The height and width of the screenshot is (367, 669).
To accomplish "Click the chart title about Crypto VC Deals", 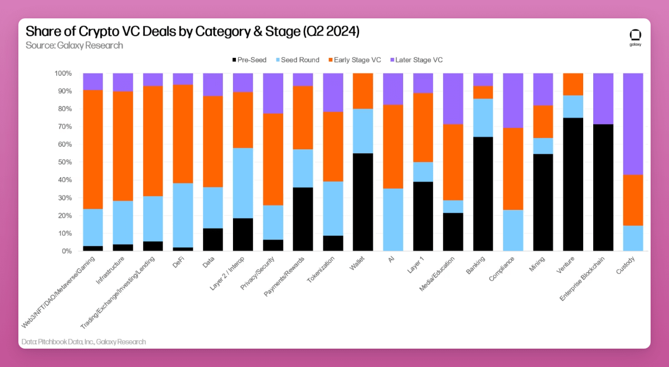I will click(x=192, y=32).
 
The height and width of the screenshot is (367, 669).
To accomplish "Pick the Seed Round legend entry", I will click(x=298, y=60).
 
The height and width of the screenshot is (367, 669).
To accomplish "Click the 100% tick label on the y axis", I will click(x=62, y=74).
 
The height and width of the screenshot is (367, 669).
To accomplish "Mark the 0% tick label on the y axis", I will click(x=66, y=251).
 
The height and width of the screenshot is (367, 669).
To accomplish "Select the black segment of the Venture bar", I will click(x=573, y=184).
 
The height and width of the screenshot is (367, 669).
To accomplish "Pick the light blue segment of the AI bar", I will click(x=393, y=219).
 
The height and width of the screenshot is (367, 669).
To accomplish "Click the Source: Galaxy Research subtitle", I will click(x=74, y=45).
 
